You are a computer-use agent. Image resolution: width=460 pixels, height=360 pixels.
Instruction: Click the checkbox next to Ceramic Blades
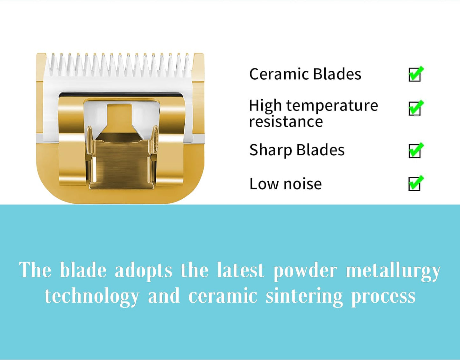pos(414,75)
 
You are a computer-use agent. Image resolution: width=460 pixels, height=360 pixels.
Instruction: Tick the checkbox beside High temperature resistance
pos(414,109)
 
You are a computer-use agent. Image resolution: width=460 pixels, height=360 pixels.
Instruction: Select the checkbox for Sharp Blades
pos(414,151)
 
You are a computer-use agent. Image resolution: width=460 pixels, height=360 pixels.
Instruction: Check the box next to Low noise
pos(414,184)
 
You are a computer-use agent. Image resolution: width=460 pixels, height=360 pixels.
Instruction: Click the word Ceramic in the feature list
pos(279,74)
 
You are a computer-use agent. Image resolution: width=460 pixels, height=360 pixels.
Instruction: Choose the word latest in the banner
pos(240,271)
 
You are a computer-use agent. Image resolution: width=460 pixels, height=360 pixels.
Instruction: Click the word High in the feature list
pos(265,106)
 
